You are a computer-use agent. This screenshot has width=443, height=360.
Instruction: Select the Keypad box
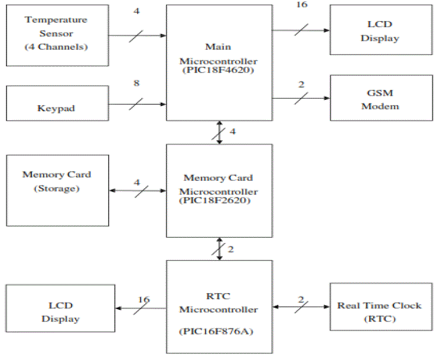[x=57, y=103]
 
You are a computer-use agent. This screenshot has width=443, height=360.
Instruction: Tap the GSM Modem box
[x=381, y=99]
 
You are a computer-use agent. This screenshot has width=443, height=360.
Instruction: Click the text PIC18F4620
[x=218, y=69]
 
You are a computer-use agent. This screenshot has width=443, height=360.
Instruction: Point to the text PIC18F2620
[x=218, y=200]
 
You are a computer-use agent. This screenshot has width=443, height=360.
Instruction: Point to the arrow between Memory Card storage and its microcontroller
[x=137, y=190]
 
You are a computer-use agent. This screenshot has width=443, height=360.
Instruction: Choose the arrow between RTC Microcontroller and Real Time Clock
[x=301, y=307]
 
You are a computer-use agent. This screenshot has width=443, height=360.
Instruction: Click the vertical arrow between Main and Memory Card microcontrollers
[x=220, y=132]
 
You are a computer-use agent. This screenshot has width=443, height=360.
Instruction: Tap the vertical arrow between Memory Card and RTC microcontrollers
[x=220, y=249]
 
